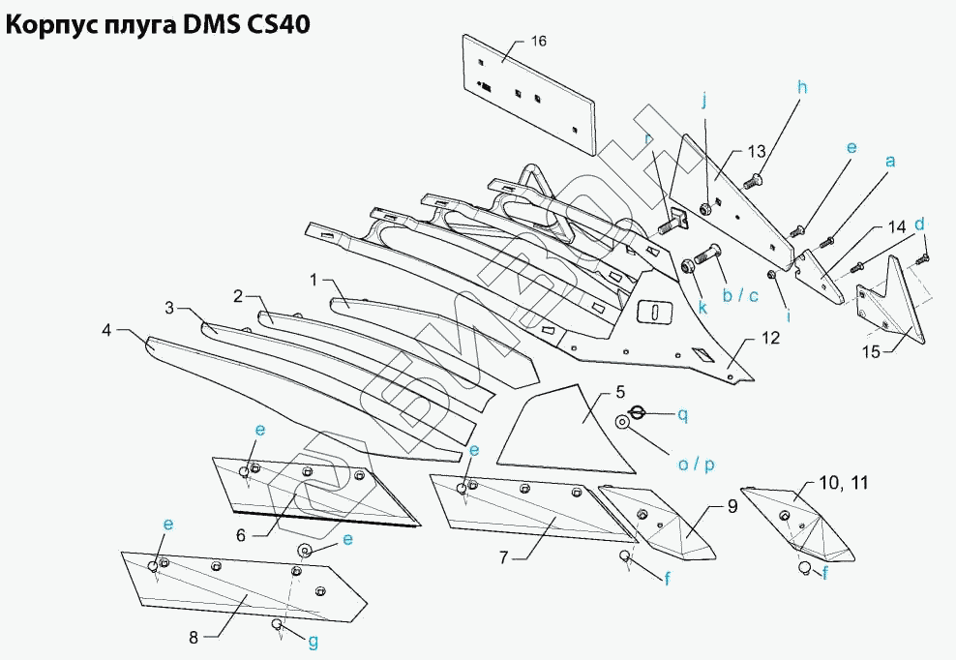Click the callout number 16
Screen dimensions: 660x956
pyautogui.click(x=539, y=41)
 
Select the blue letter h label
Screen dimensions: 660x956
pyautogui.click(x=801, y=87)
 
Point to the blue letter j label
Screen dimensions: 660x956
pyautogui.click(x=704, y=100)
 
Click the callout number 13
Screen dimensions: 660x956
pyautogui.click(x=756, y=151)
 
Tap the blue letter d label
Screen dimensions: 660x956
pyautogui.click(x=920, y=224)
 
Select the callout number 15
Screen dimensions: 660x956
pyautogui.click(x=871, y=352)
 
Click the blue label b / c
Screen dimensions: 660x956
pyautogui.click(x=741, y=294)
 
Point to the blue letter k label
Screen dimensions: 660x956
pyautogui.click(x=702, y=309)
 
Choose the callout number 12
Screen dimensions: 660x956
pyautogui.click(x=770, y=339)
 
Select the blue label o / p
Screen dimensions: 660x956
pyautogui.click(x=696, y=465)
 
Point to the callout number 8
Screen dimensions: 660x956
pyautogui.click(x=194, y=637)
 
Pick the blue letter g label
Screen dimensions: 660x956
pyautogui.click(x=313, y=642)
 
